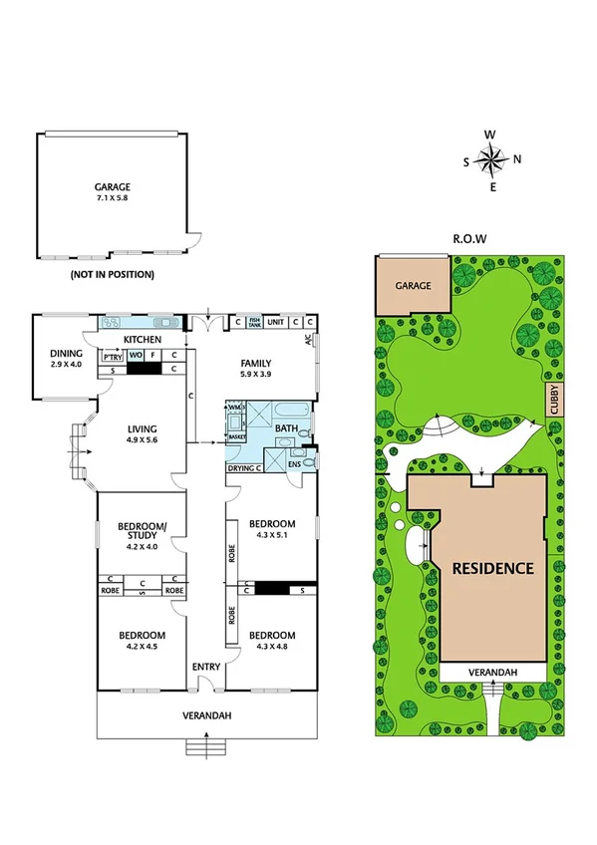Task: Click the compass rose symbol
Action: tap(490, 159)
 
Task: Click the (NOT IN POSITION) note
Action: tap(112, 274)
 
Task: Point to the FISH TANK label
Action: tap(254, 322)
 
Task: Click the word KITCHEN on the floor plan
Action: tap(142, 340)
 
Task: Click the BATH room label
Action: tap(286, 429)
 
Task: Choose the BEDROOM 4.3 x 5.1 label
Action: tap(271, 530)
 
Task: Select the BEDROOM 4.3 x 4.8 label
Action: tap(271, 642)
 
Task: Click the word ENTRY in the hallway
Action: tap(205, 667)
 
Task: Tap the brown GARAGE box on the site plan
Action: tap(413, 286)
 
